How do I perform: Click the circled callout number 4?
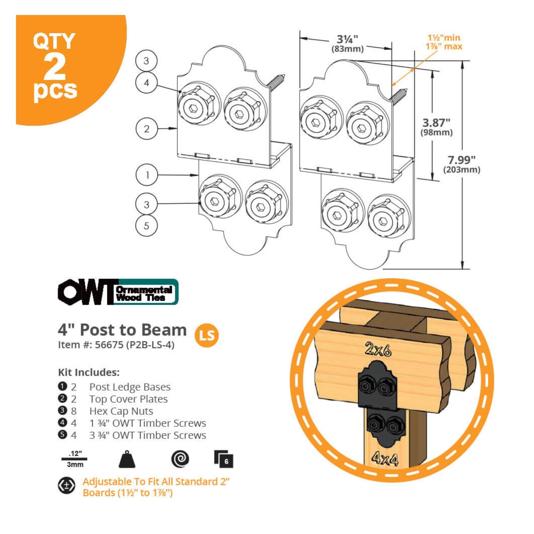point(147,82)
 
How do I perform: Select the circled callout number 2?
point(147,129)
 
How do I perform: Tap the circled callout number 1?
point(147,175)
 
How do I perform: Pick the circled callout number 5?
point(147,226)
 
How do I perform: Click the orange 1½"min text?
point(444,38)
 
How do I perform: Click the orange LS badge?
point(207,336)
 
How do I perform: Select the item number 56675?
point(109,345)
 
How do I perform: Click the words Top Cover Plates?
point(129,399)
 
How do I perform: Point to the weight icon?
point(127,459)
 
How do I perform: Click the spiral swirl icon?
point(180,459)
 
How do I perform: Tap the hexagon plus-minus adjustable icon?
point(67,486)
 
